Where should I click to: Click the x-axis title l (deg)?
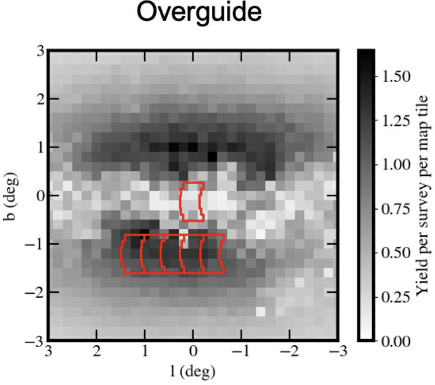tap(192, 371)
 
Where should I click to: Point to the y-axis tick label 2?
tap(40, 99)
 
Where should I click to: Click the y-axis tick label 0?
tap(40, 195)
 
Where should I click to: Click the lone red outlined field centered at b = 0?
tap(192, 201)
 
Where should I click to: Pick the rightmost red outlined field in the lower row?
tap(212, 253)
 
